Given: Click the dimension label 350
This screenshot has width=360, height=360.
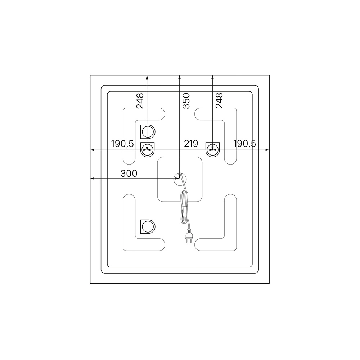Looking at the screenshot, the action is click(186, 101).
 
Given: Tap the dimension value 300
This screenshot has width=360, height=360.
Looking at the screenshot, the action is click(129, 174).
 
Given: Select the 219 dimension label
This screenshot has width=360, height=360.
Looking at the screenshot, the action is click(191, 144).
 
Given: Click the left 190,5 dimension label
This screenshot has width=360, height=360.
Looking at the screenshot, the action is click(122, 144).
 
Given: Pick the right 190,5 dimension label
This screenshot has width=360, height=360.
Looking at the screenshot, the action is click(244, 144).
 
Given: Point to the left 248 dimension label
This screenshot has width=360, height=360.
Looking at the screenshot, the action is click(140, 101).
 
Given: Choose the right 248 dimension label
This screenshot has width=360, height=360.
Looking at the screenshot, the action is click(220, 101).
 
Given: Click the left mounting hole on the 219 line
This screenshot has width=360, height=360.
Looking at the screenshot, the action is click(147, 150).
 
